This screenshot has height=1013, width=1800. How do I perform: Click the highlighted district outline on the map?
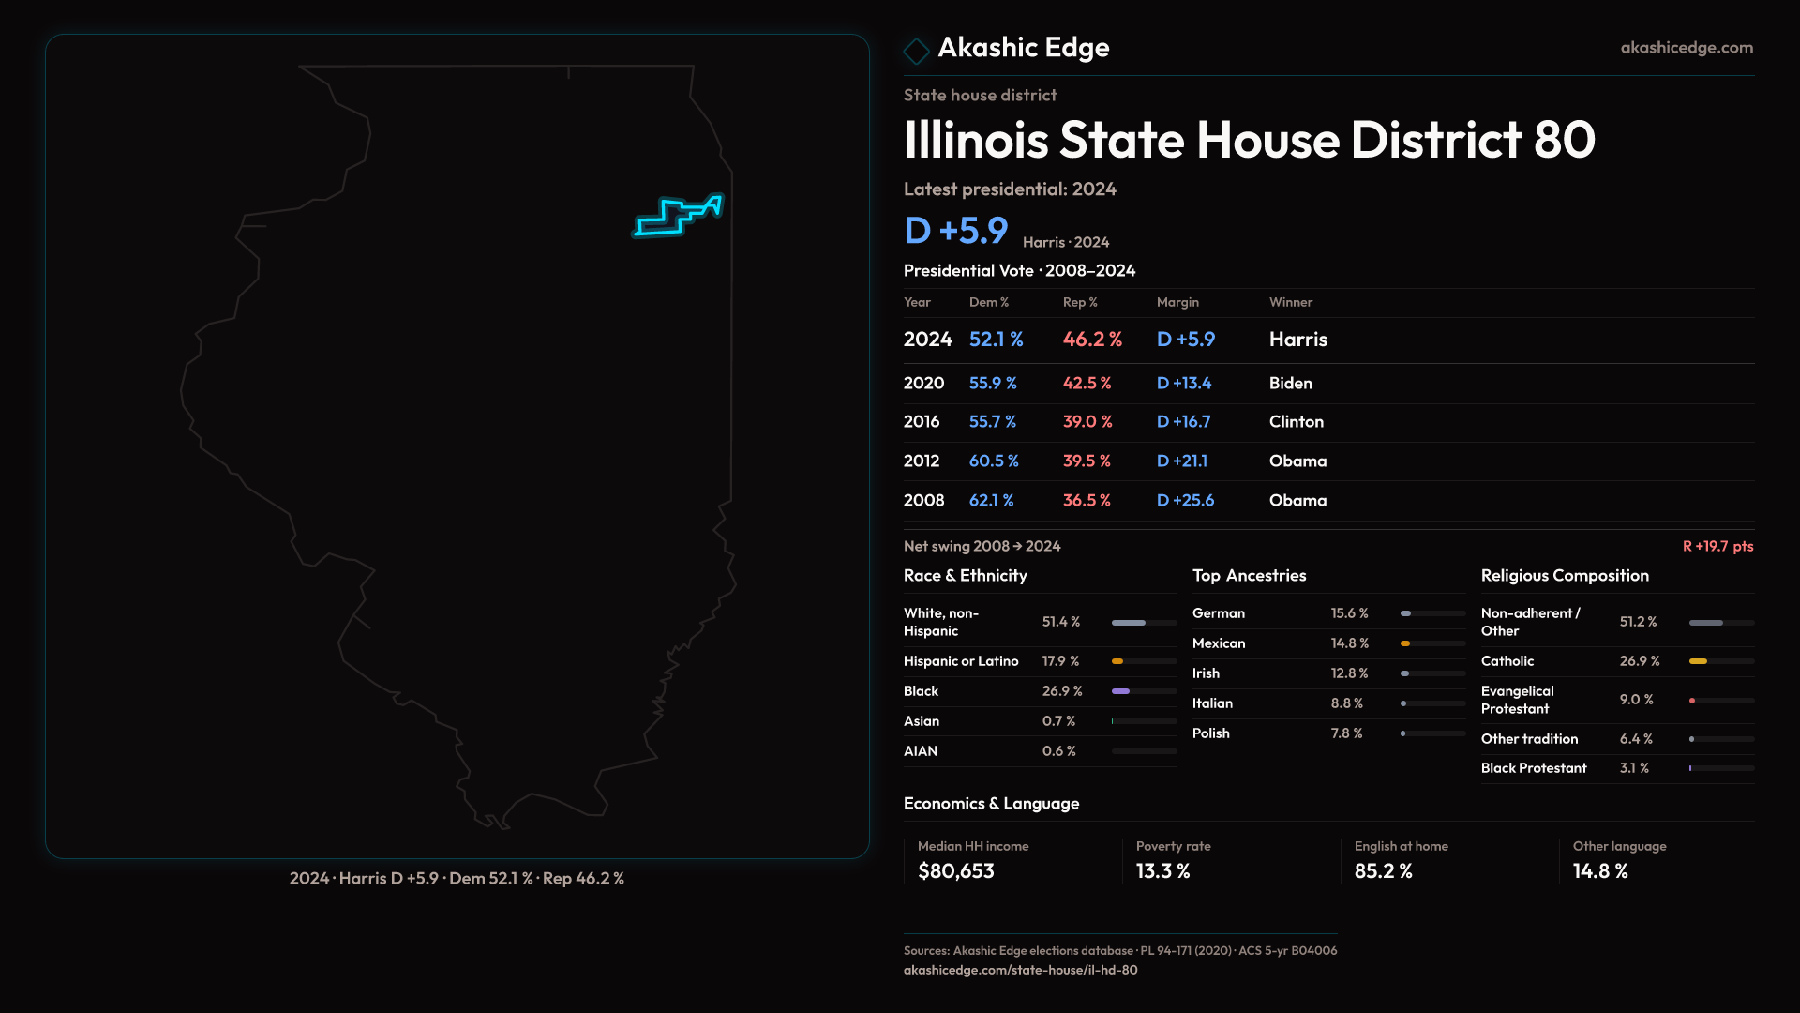point(677,217)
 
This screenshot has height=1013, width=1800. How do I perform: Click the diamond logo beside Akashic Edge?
point(916,50)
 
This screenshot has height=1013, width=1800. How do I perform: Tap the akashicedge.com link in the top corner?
point(1686,48)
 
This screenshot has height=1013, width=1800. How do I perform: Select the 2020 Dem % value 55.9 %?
point(993,384)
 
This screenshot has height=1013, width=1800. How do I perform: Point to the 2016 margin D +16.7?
point(1183,422)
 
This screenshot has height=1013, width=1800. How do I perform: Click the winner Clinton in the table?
point(1296,422)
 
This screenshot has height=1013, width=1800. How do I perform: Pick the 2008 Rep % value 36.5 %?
point(1087,501)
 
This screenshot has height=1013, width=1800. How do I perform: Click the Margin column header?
point(1177,302)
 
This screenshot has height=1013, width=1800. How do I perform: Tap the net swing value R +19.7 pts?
point(1717,546)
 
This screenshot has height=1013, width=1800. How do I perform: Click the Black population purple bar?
point(1120,691)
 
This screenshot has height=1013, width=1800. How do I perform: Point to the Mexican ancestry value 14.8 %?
point(1350,643)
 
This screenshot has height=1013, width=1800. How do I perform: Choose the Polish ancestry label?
point(1210,733)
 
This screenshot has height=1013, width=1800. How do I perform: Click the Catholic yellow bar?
point(1698,661)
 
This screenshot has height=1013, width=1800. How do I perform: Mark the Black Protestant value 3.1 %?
point(1634,768)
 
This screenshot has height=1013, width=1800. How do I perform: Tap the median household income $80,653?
point(955,871)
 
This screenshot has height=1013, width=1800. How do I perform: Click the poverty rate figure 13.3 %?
point(1162,871)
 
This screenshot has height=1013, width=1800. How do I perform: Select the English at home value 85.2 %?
point(1383,871)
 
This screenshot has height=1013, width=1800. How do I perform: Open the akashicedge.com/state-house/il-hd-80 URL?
point(1020,970)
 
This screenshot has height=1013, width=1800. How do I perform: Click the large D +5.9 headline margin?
point(955,231)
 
